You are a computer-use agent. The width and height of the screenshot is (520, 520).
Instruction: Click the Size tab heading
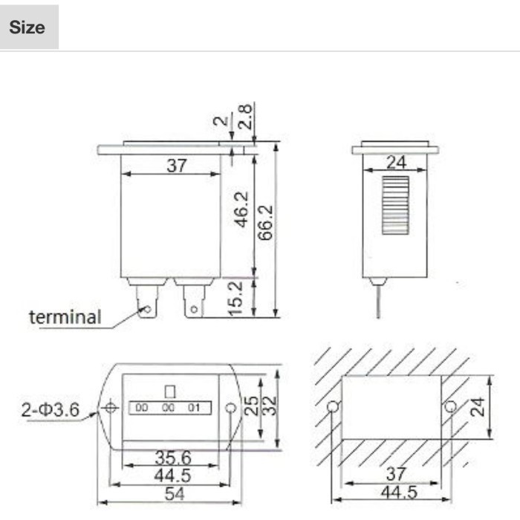28,28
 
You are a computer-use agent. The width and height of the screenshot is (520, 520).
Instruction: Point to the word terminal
65,317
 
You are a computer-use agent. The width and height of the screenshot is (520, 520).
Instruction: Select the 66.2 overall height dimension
267,222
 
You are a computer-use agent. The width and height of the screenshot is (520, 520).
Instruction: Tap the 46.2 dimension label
241,210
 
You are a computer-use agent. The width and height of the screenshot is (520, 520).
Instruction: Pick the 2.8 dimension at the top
246,118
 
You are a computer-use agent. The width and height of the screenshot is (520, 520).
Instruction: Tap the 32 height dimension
271,405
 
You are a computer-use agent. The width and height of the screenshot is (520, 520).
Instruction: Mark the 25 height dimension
253,405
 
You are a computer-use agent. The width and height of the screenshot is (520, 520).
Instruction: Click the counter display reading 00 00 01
170,407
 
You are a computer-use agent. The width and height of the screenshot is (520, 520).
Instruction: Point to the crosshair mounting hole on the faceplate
111,408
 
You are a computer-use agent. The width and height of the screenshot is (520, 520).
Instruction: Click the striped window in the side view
394,205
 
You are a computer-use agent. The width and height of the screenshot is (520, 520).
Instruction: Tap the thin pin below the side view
378,301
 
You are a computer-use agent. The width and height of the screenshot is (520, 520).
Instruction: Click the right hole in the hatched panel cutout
449,406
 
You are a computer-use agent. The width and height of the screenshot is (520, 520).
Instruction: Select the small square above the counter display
170,390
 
